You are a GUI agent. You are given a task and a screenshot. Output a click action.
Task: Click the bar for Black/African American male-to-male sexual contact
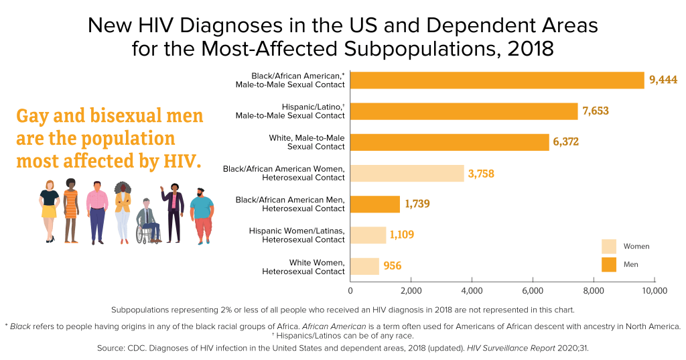(x=496, y=80)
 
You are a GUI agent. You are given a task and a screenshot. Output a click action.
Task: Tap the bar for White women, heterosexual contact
(x=364, y=266)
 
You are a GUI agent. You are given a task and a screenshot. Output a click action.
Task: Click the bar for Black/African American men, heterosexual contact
(x=374, y=204)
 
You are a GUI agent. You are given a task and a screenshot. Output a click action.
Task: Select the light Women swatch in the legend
(x=608, y=246)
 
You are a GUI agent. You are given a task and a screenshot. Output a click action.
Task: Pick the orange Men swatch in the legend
(x=608, y=265)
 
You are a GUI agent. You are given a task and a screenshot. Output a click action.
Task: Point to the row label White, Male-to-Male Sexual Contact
(x=306, y=141)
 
